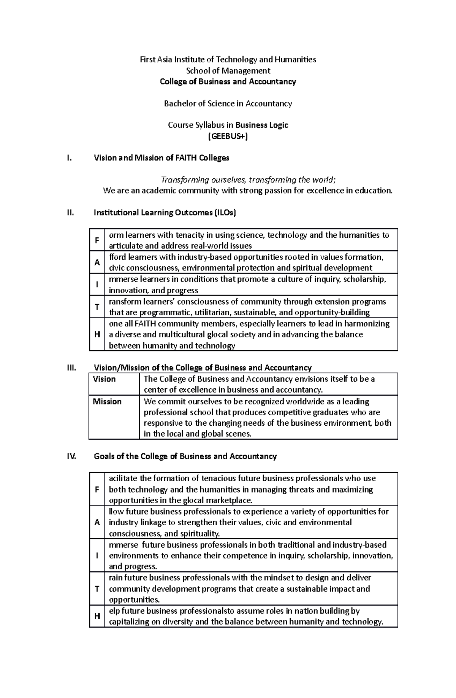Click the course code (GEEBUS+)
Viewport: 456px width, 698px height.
(x=228, y=136)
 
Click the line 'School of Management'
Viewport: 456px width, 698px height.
(x=228, y=70)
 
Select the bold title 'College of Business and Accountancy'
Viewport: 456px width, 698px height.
(x=228, y=81)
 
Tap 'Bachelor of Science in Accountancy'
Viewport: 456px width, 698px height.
(x=228, y=103)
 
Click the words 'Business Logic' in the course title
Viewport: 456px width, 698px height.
(x=262, y=125)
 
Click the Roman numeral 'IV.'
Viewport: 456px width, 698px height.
(x=71, y=456)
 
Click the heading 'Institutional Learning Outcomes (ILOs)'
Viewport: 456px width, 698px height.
(x=165, y=213)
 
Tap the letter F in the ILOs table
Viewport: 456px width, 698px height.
(x=97, y=240)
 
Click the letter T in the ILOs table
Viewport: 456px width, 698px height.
(x=97, y=307)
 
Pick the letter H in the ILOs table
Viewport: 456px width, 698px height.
(x=97, y=334)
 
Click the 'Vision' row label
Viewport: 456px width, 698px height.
(x=104, y=379)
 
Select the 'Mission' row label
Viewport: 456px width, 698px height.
(x=107, y=402)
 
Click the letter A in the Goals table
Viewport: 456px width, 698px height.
(x=97, y=522)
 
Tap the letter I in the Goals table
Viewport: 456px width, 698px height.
(x=97, y=555)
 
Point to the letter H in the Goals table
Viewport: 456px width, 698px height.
(x=97, y=616)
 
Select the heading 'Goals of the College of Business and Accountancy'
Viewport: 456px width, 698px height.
(x=185, y=456)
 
